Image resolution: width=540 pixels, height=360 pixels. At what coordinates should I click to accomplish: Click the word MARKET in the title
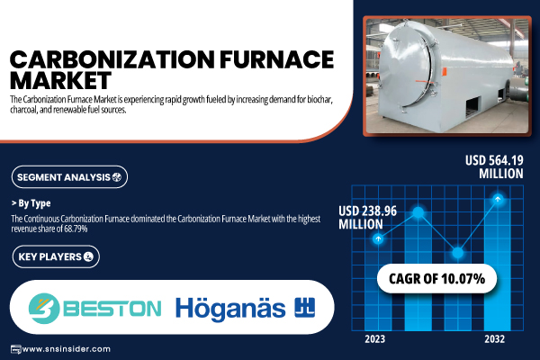(60, 80)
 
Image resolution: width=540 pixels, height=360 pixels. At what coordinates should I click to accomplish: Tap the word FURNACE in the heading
(277, 59)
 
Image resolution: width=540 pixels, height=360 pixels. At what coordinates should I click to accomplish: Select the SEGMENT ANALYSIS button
(69, 177)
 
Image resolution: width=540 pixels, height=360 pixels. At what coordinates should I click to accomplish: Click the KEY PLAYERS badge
(56, 256)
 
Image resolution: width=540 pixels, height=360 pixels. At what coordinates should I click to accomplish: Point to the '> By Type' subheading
(31, 203)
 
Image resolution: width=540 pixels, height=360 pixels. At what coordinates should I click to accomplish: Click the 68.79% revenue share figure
(76, 229)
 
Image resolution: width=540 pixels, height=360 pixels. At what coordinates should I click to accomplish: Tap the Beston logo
(94, 309)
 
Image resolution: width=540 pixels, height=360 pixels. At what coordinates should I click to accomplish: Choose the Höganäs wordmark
(230, 309)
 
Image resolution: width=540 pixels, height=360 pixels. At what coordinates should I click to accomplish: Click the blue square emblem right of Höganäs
(305, 307)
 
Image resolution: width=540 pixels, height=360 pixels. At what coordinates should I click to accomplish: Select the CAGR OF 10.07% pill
(437, 279)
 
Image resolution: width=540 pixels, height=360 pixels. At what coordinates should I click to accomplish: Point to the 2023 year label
(375, 339)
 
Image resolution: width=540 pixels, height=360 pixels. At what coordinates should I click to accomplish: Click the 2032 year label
(494, 339)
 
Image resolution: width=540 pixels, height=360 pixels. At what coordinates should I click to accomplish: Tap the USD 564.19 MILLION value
(494, 166)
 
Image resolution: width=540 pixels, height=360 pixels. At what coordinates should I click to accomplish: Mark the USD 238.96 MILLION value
(367, 218)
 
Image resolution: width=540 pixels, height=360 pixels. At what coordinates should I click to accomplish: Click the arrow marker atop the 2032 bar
(498, 199)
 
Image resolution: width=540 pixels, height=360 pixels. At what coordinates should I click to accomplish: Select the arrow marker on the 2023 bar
(379, 238)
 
